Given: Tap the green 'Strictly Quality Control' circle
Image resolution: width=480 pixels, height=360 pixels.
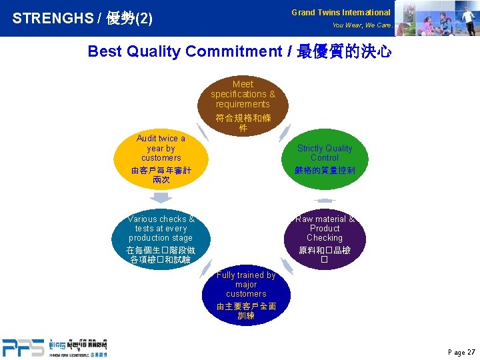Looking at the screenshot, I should point(324,159).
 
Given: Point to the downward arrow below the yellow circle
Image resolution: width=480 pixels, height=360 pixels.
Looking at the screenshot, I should point(161,198).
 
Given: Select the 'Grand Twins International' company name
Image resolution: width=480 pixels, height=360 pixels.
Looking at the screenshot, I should point(341,12).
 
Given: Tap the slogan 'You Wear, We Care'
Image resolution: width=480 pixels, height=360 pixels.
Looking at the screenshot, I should point(361,25).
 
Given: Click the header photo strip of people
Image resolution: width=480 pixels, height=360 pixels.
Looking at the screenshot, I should point(437,18).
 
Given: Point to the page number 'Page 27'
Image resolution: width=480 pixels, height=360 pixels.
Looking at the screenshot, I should point(462,352).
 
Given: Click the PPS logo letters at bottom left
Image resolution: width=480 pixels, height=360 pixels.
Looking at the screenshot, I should point(23,347).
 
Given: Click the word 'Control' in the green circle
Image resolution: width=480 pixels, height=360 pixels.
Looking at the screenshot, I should point(324,158).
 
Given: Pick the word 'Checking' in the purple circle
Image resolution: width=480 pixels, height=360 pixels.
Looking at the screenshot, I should point(325,238).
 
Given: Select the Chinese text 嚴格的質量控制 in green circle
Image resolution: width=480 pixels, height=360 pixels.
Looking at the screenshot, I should point(325,171).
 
